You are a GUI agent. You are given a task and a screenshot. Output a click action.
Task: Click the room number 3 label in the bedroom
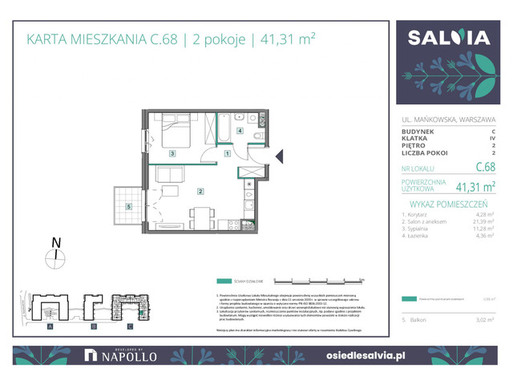(172, 152)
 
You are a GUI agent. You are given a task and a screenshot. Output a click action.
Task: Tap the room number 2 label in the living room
(201, 191)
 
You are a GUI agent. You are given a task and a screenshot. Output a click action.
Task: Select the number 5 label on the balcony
(129, 206)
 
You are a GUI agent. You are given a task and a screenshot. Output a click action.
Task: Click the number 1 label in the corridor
(228, 153)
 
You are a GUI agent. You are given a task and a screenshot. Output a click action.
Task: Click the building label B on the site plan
(93, 327)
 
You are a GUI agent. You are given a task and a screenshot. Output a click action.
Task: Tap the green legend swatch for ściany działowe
(223, 281)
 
